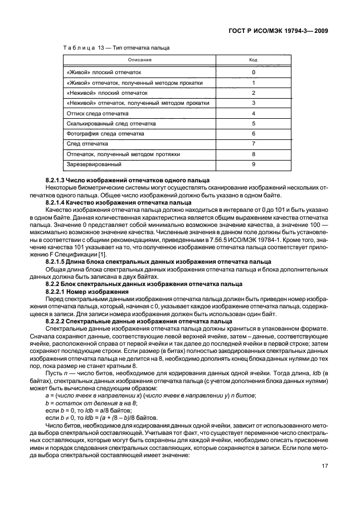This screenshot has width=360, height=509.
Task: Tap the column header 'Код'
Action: [253, 60]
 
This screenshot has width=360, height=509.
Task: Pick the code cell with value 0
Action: [253, 72]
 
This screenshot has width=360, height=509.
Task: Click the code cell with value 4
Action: [253, 113]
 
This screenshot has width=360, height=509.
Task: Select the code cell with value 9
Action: [253, 164]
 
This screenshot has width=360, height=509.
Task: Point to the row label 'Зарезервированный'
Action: [94, 164]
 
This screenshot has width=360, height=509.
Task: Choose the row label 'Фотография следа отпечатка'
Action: [105, 134]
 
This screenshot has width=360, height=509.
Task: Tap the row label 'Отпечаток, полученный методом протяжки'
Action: [123, 154]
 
